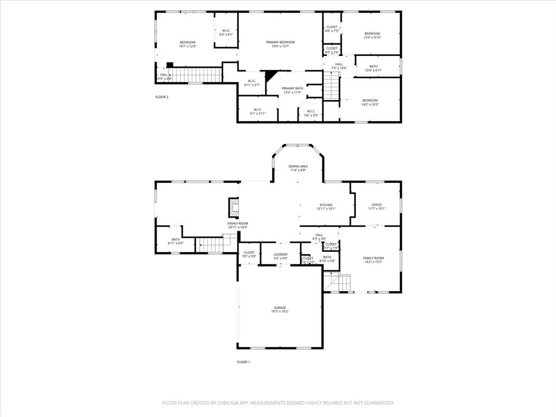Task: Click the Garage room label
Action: tap(279, 307)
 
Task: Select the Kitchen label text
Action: tap(326, 205)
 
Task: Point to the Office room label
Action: tap(376, 205)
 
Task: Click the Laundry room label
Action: tap(280, 254)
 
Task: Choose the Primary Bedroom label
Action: tap(280, 42)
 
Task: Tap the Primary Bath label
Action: tap(292, 88)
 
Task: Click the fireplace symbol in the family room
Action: tap(234, 207)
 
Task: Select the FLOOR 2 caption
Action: tap(162, 97)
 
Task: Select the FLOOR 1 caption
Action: tap(243, 362)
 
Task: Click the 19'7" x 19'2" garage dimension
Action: tap(280, 312)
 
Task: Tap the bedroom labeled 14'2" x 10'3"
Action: tap(370, 102)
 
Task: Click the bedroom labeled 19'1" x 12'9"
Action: tap(187, 45)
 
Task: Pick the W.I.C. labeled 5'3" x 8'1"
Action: tap(226, 33)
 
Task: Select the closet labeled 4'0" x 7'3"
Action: tap(331, 29)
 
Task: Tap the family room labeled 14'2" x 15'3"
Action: tap(373, 260)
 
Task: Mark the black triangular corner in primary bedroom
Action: tap(270, 76)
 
